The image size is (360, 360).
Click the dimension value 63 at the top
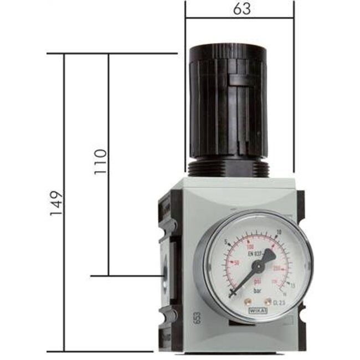tap(239, 10)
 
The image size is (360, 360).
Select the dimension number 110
tap(100, 161)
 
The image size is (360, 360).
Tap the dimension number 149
tap(56, 203)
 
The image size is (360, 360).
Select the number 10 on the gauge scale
tap(278, 232)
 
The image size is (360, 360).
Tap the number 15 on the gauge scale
tap(292, 285)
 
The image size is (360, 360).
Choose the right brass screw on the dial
tap(271, 302)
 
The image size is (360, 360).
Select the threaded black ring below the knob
tap(227, 167)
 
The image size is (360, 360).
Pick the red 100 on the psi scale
tap(251, 246)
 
